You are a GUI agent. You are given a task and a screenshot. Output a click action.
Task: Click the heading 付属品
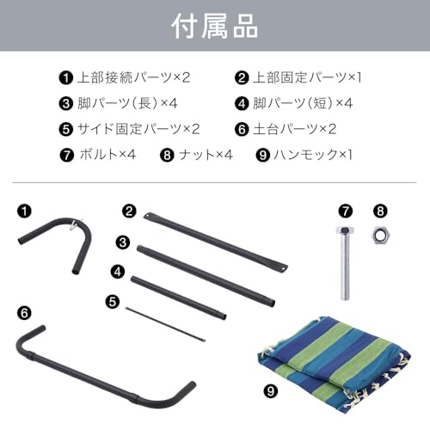click(x=214, y=26)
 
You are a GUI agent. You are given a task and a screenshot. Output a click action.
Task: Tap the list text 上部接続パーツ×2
click(x=132, y=77)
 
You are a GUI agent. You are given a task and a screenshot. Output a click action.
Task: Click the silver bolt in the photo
click(x=345, y=262)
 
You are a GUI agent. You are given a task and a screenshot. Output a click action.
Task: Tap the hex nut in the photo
click(x=378, y=235)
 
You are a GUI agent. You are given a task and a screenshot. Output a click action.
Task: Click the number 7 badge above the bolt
click(x=345, y=209)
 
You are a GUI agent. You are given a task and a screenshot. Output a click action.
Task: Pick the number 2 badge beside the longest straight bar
click(x=130, y=209)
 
